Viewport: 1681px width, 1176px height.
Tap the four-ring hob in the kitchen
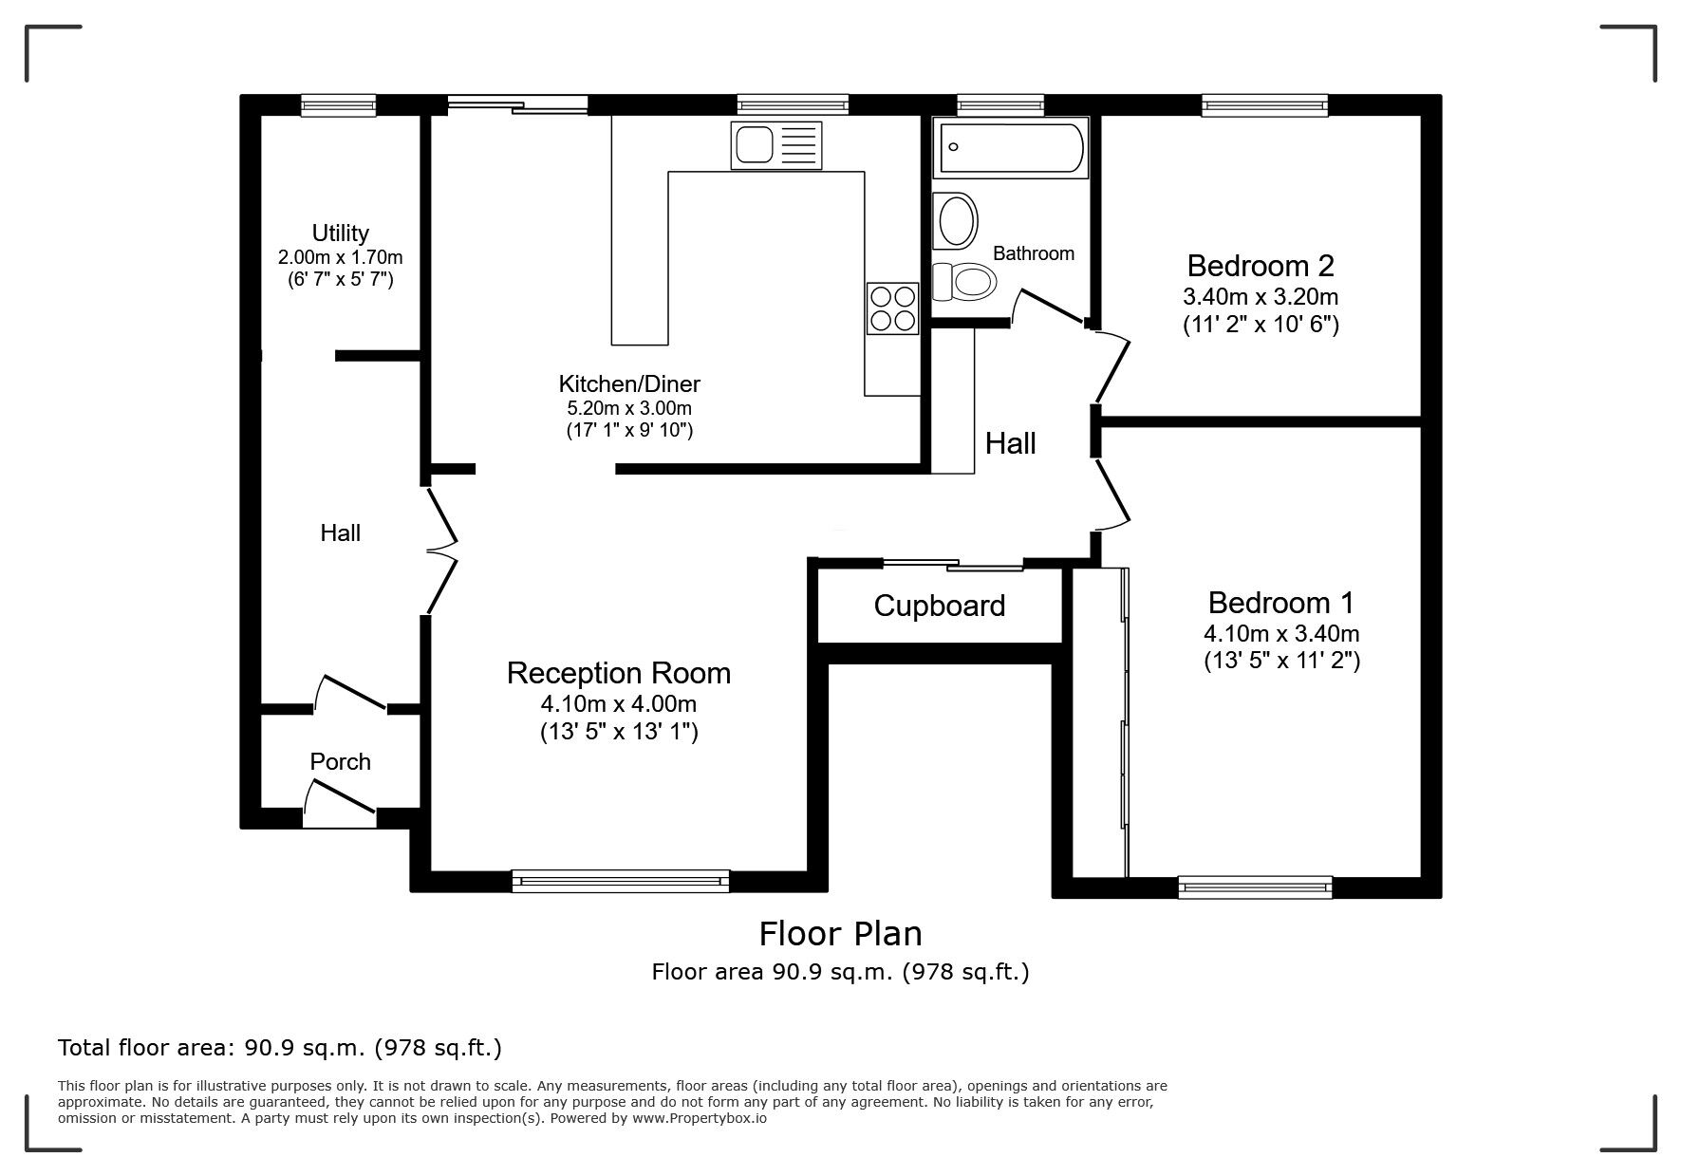coord(892,308)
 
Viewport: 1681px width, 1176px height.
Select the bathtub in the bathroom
coord(1009,149)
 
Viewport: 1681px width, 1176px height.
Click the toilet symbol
coord(964,281)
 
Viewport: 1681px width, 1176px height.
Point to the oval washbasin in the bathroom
coord(956,220)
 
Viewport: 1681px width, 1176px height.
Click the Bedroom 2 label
coord(1261,265)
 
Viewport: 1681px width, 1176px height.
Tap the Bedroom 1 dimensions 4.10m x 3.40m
coord(1281,633)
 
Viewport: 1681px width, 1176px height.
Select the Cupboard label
coord(939,606)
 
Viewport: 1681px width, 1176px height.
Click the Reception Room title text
coord(618,673)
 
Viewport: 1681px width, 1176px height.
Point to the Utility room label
coord(340,233)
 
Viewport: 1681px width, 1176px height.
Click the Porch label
coord(340,761)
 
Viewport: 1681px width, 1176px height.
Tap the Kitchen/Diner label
coord(628,383)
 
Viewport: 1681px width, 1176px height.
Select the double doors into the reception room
coord(440,551)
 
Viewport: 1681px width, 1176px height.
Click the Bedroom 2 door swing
coord(1112,366)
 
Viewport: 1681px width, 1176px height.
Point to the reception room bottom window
coord(621,881)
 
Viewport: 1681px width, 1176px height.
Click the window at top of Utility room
coord(338,105)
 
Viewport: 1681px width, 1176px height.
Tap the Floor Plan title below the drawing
coord(840,934)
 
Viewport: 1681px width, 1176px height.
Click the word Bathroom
coord(1033,253)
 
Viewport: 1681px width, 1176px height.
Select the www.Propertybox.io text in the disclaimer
coord(700,1118)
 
